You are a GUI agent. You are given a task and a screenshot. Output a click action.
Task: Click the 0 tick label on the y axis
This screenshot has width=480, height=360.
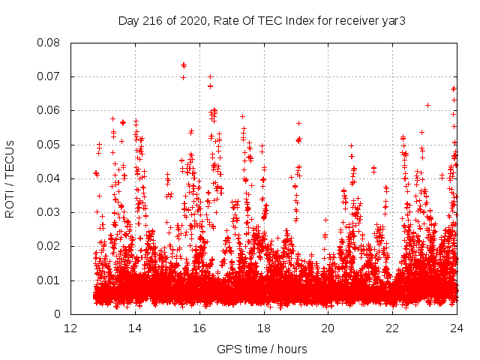pos(58,314)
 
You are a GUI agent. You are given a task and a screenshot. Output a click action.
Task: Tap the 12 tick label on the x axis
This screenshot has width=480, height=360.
pos(70,328)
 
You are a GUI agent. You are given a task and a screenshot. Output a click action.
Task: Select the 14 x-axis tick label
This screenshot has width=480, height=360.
pos(135,328)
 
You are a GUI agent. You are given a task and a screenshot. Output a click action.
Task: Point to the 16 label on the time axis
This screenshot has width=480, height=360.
pos(199,328)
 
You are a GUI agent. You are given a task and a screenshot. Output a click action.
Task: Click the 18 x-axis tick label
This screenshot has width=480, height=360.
pos(264,328)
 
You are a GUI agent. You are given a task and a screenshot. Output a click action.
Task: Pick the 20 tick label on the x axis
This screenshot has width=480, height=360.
pos(328,328)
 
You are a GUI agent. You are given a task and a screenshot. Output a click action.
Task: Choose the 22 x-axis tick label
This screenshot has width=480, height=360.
pos(392,328)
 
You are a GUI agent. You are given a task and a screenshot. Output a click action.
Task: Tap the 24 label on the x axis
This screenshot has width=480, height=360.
pos(457,328)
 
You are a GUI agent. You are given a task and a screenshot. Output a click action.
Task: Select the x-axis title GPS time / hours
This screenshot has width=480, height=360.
pos(262,349)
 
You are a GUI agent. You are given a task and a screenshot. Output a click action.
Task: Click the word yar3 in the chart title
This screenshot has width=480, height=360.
pos(394,20)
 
